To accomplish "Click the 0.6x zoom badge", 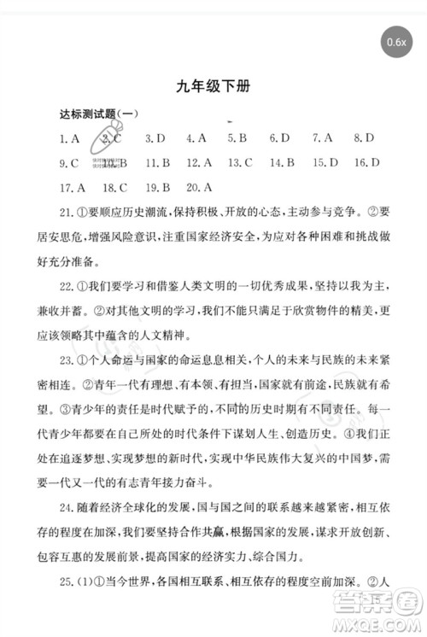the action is pyautogui.click(x=399, y=41).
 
